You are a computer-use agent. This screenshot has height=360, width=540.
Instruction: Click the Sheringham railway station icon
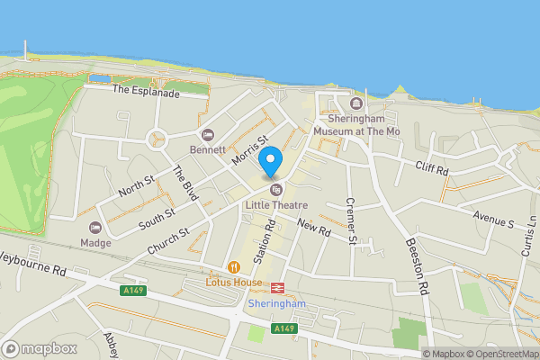277,285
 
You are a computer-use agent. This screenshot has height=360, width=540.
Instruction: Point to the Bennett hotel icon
209,135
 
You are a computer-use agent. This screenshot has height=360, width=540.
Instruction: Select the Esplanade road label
147,91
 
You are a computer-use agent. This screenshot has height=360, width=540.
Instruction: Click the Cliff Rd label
432,166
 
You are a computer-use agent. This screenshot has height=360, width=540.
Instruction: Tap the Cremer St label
352,221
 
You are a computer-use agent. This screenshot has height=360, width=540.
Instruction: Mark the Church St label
170,233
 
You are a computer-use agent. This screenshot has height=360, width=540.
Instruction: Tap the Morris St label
249,151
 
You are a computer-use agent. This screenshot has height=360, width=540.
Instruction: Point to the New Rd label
314,229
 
